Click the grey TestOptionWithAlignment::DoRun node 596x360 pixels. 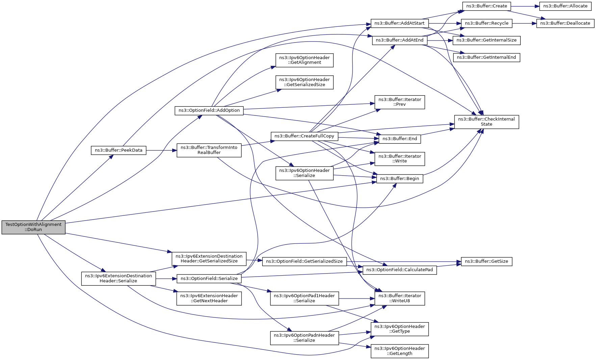(x=33, y=227)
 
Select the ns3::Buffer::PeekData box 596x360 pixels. (x=119, y=150)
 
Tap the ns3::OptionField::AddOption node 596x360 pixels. (x=209, y=110)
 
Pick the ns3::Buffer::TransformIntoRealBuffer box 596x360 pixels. (x=209, y=150)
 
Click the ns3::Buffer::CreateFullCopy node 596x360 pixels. (x=304, y=136)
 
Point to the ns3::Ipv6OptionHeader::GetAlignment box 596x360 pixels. (x=305, y=60)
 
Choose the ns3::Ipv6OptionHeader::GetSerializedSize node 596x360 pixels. (x=305, y=82)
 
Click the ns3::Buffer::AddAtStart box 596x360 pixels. (x=400, y=23)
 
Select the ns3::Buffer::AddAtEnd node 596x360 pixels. (x=400, y=40)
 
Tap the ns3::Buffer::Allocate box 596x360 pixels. (x=565, y=6)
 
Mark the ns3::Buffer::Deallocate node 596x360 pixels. (x=565, y=23)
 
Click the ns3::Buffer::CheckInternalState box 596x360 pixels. (x=487, y=122)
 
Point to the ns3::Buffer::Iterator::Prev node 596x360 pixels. (x=400, y=102)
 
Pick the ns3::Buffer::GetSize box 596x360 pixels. (x=487, y=261)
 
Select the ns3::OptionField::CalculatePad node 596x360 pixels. (x=400, y=270)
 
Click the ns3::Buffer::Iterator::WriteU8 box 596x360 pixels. (x=400, y=298)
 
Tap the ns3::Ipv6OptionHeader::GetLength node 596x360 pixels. (x=400, y=351)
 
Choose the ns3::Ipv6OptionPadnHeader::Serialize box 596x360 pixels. (x=305, y=338)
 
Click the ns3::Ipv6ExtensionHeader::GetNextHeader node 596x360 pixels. (x=209, y=298)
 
